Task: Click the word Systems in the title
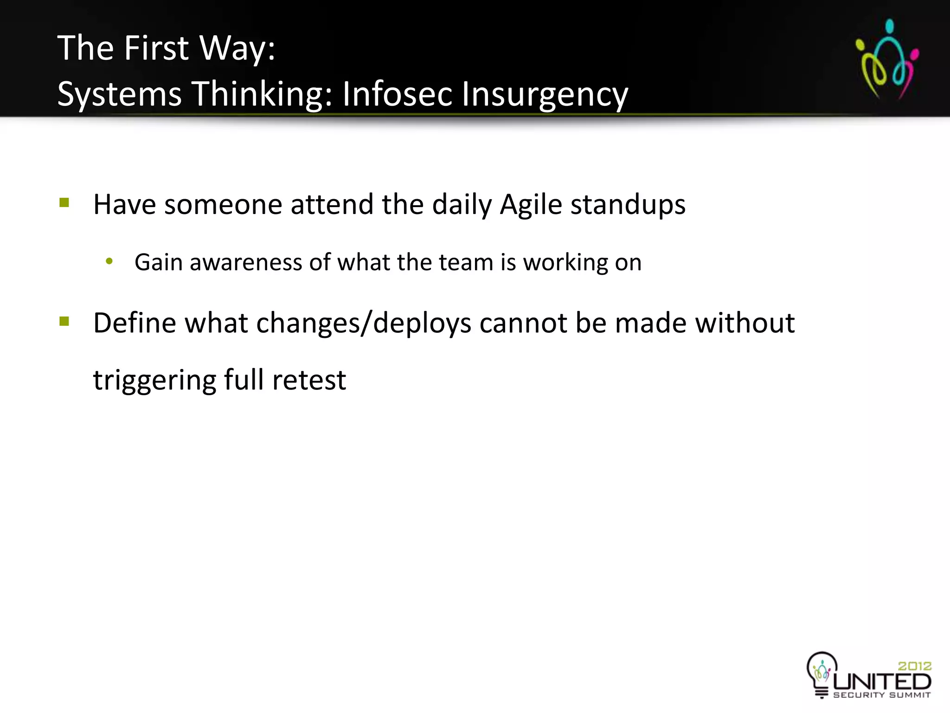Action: point(119,94)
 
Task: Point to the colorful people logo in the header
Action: point(887,59)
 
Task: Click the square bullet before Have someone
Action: point(64,203)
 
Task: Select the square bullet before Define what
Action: point(64,321)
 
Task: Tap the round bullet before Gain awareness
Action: point(109,262)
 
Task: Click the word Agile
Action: point(531,205)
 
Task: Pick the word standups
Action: point(628,205)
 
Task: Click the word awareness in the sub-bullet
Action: point(246,262)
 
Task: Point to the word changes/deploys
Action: point(363,323)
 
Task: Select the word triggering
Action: point(154,381)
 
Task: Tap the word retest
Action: point(309,381)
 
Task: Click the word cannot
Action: point(523,323)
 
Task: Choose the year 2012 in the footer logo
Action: point(914,666)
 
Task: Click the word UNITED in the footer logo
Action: point(882,681)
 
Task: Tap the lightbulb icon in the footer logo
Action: point(822,672)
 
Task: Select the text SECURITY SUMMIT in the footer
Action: point(882,695)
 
